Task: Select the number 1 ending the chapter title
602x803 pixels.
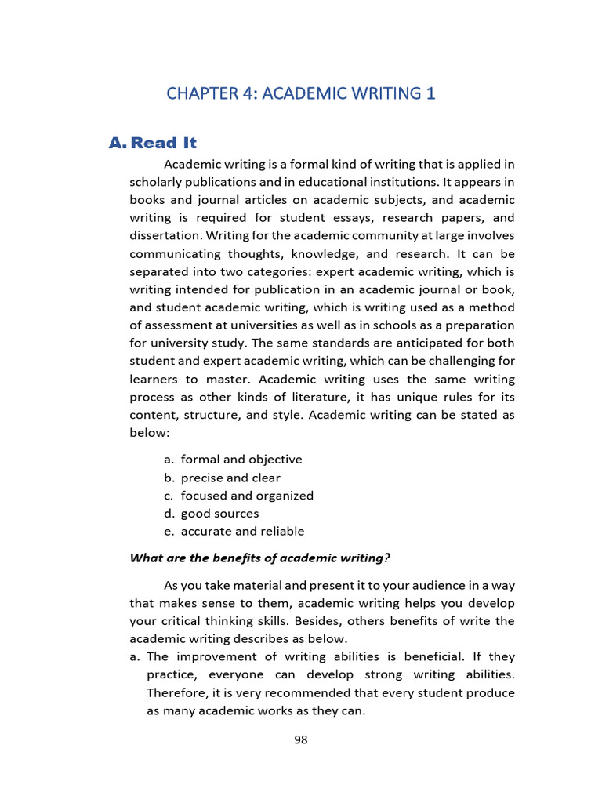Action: tap(430, 94)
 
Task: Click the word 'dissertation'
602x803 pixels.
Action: tap(165, 234)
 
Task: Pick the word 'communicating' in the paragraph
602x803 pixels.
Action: tap(176, 253)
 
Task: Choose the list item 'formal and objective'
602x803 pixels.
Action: tap(241, 460)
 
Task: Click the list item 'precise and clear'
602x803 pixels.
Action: tap(230, 478)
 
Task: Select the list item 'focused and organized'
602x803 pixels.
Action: tap(247, 496)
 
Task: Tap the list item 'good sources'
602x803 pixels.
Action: tap(219, 514)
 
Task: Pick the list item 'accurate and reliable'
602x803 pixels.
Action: tap(242, 532)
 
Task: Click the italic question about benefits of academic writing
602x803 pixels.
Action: tap(259, 558)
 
